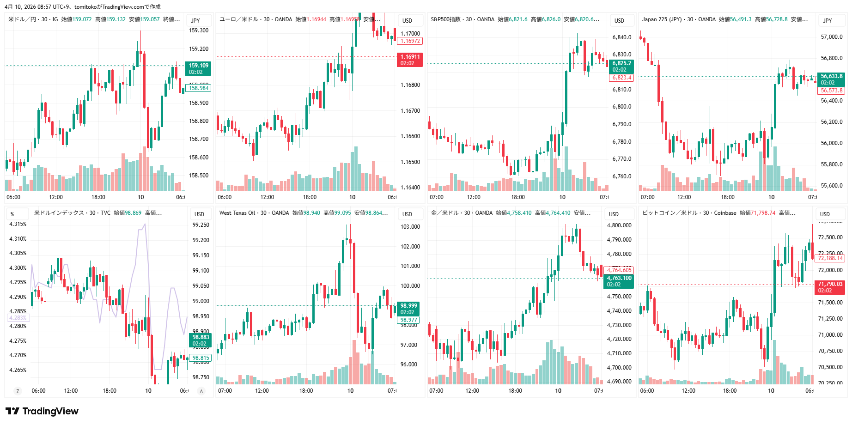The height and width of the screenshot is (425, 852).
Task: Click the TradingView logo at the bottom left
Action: pyautogui.click(x=42, y=411)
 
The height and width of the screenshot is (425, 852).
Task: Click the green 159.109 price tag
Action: pyautogui.click(x=198, y=68)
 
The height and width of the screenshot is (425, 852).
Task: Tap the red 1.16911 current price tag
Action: pyautogui.click(x=409, y=60)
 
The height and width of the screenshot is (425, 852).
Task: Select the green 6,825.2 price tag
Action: pyautogui.click(x=621, y=66)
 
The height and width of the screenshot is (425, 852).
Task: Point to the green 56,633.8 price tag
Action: pyautogui.click(x=831, y=79)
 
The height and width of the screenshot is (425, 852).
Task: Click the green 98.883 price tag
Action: pyautogui.click(x=201, y=340)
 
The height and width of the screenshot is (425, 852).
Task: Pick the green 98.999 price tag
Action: pyautogui.click(x=408, y=309)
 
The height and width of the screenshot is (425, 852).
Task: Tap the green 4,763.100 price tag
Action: pyautogui.click(x=619, y=281)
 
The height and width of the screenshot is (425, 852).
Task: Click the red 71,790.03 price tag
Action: pyautogui.click(x=830, y=287)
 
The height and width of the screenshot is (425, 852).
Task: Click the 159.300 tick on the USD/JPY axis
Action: pyautogui.click(x=199, y=30)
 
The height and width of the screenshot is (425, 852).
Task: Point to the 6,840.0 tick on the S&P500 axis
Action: pyautogui.click(x=622, y=37)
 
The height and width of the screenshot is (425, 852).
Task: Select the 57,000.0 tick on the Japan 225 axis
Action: pyautogui.click(x=832, y=37)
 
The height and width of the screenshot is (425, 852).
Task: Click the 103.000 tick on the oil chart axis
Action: pyautogui.click(x=410, y=227)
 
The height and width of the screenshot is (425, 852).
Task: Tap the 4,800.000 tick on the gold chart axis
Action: pyautogui.click(x=619, y=225)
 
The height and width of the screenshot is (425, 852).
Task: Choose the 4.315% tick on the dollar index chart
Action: pyautogui.click(x=18, y=224)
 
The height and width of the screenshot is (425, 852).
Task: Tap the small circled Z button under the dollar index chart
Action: pyautogui.click(x=18, y=391)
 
